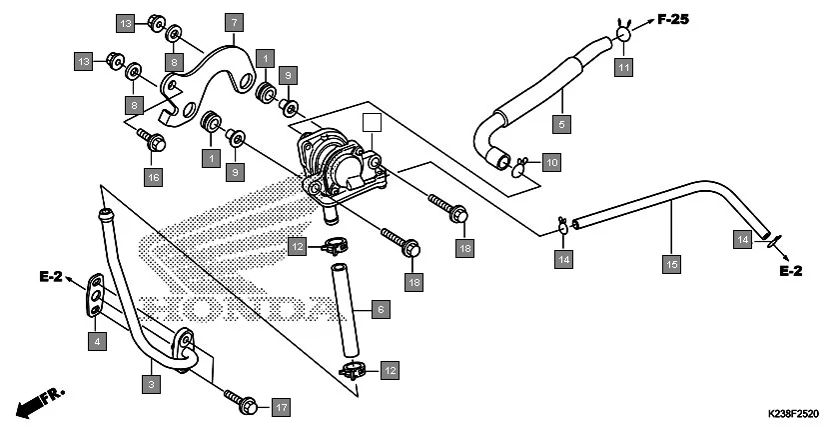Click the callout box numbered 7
tap(233, 22)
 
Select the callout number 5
tap(562, 125)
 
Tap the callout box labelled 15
tap(671, 264)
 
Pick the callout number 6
tap(379, 310)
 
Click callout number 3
tap(151, 383)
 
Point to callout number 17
tap(281, 407)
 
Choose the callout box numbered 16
tap(153, 177)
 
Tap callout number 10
tap(551, 161)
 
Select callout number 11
tap(623, 67)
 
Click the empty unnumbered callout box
tap(372, 124)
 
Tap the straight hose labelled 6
tap(344, 310)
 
